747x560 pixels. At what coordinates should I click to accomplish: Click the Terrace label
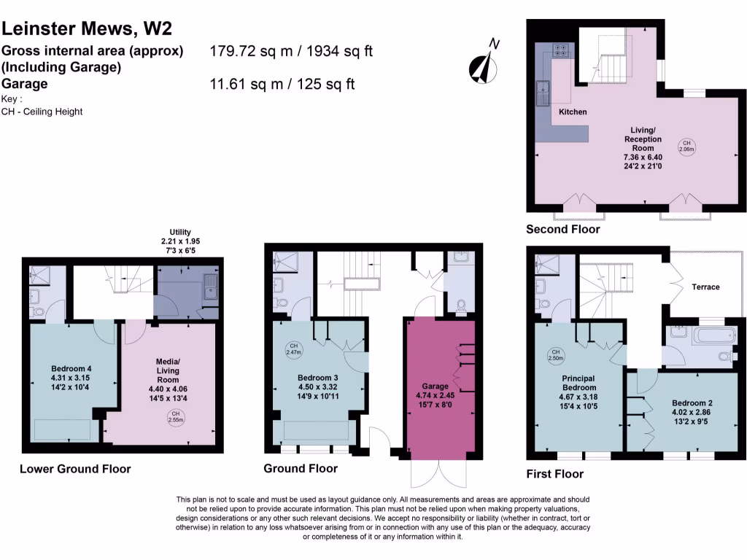[x=705, y=287]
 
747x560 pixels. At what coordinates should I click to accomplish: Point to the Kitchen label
[x=573, y=112]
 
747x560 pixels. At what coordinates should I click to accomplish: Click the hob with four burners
[x=561, y=51]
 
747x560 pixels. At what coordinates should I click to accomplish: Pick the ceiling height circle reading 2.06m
[x=686, y=146]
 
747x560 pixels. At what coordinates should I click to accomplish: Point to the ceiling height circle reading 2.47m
[x=293, y=349]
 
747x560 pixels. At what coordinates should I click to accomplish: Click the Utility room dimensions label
[x=180, y=241]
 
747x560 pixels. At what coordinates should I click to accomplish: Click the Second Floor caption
[x=562, y=230]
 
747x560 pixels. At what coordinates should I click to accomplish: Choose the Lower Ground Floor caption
[x=75, y=469]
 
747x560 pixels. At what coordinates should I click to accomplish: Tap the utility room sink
[x=211, y=284]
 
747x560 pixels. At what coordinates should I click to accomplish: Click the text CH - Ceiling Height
[x=42, y=112]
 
